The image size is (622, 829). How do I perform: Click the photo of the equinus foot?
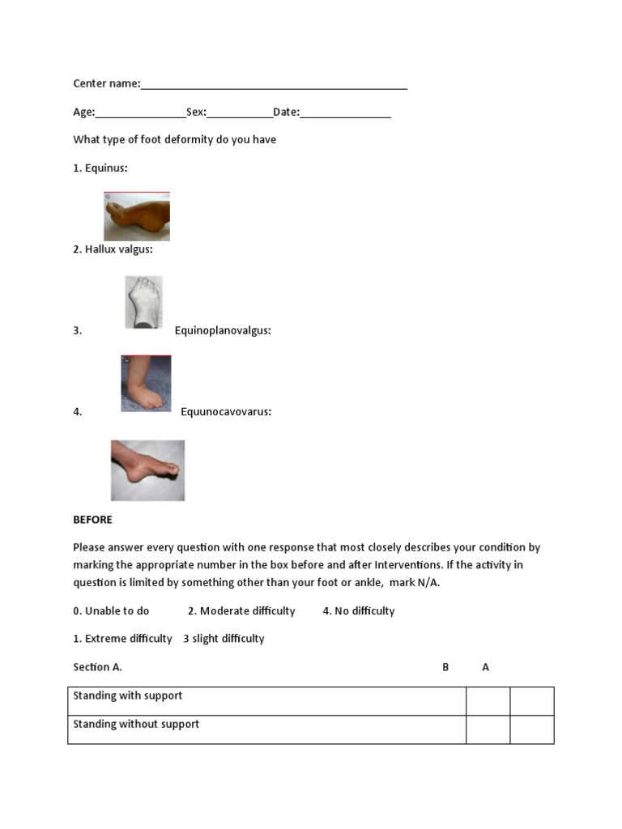[x=137, y=216]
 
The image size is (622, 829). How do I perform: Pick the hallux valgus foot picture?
[x=143, y=302]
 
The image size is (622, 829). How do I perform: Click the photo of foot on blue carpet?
[x=146, y=383]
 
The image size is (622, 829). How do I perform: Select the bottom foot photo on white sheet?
[x=147, y=470]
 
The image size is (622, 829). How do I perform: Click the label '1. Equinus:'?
[x=100, y=168]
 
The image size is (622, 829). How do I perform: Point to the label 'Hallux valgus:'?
[x=118, y=249]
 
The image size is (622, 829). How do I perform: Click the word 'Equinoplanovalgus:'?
[x=223, y=330]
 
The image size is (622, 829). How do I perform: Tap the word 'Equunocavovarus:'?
[x=226, y=411]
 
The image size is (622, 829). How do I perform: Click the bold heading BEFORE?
[x=92, y=520]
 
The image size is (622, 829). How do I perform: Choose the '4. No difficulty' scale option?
[x=358, y=611]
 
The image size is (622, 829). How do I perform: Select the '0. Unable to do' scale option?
[x=111, y=611]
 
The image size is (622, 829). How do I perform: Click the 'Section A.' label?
[x=97, y=667]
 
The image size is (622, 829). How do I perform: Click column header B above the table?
[x=445, y=667]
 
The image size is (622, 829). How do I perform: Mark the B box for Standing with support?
[x=488, y=701]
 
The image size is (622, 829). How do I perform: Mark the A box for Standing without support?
[x=532, y=729]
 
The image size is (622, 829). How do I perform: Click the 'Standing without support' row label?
[x=136, y=725]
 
